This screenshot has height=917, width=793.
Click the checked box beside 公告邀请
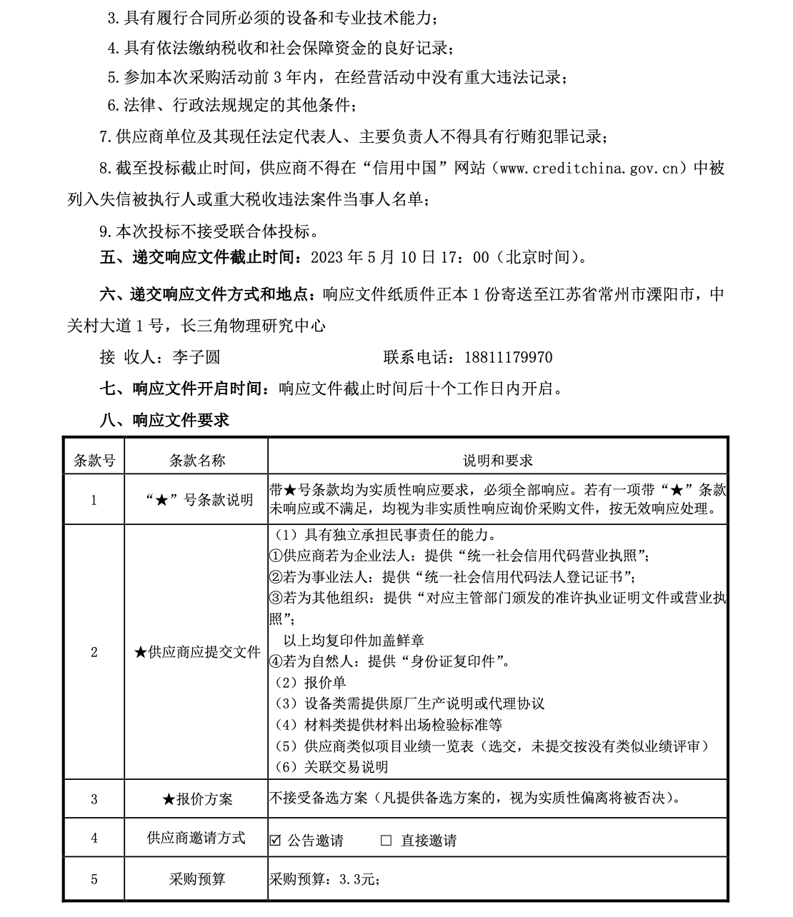(275, 840)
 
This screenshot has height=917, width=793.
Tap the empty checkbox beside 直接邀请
(386, 840)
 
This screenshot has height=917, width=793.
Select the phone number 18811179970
(508, 357)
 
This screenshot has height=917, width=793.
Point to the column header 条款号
(94, 461)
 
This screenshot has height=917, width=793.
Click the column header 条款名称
(196, 461)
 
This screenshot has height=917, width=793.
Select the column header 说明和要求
(498, 461)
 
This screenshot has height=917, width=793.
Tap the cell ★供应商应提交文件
(196, 652)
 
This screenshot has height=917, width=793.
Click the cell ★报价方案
(196, 799)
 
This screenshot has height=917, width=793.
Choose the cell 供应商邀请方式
(196, 838)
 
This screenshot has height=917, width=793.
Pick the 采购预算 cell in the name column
(196, 879)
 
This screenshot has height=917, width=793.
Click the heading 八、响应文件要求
(164, 420)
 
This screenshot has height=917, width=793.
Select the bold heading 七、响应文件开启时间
(181, 389)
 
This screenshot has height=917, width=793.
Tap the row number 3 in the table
(94, 799)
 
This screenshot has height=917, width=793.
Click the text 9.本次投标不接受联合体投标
(207, 231)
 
